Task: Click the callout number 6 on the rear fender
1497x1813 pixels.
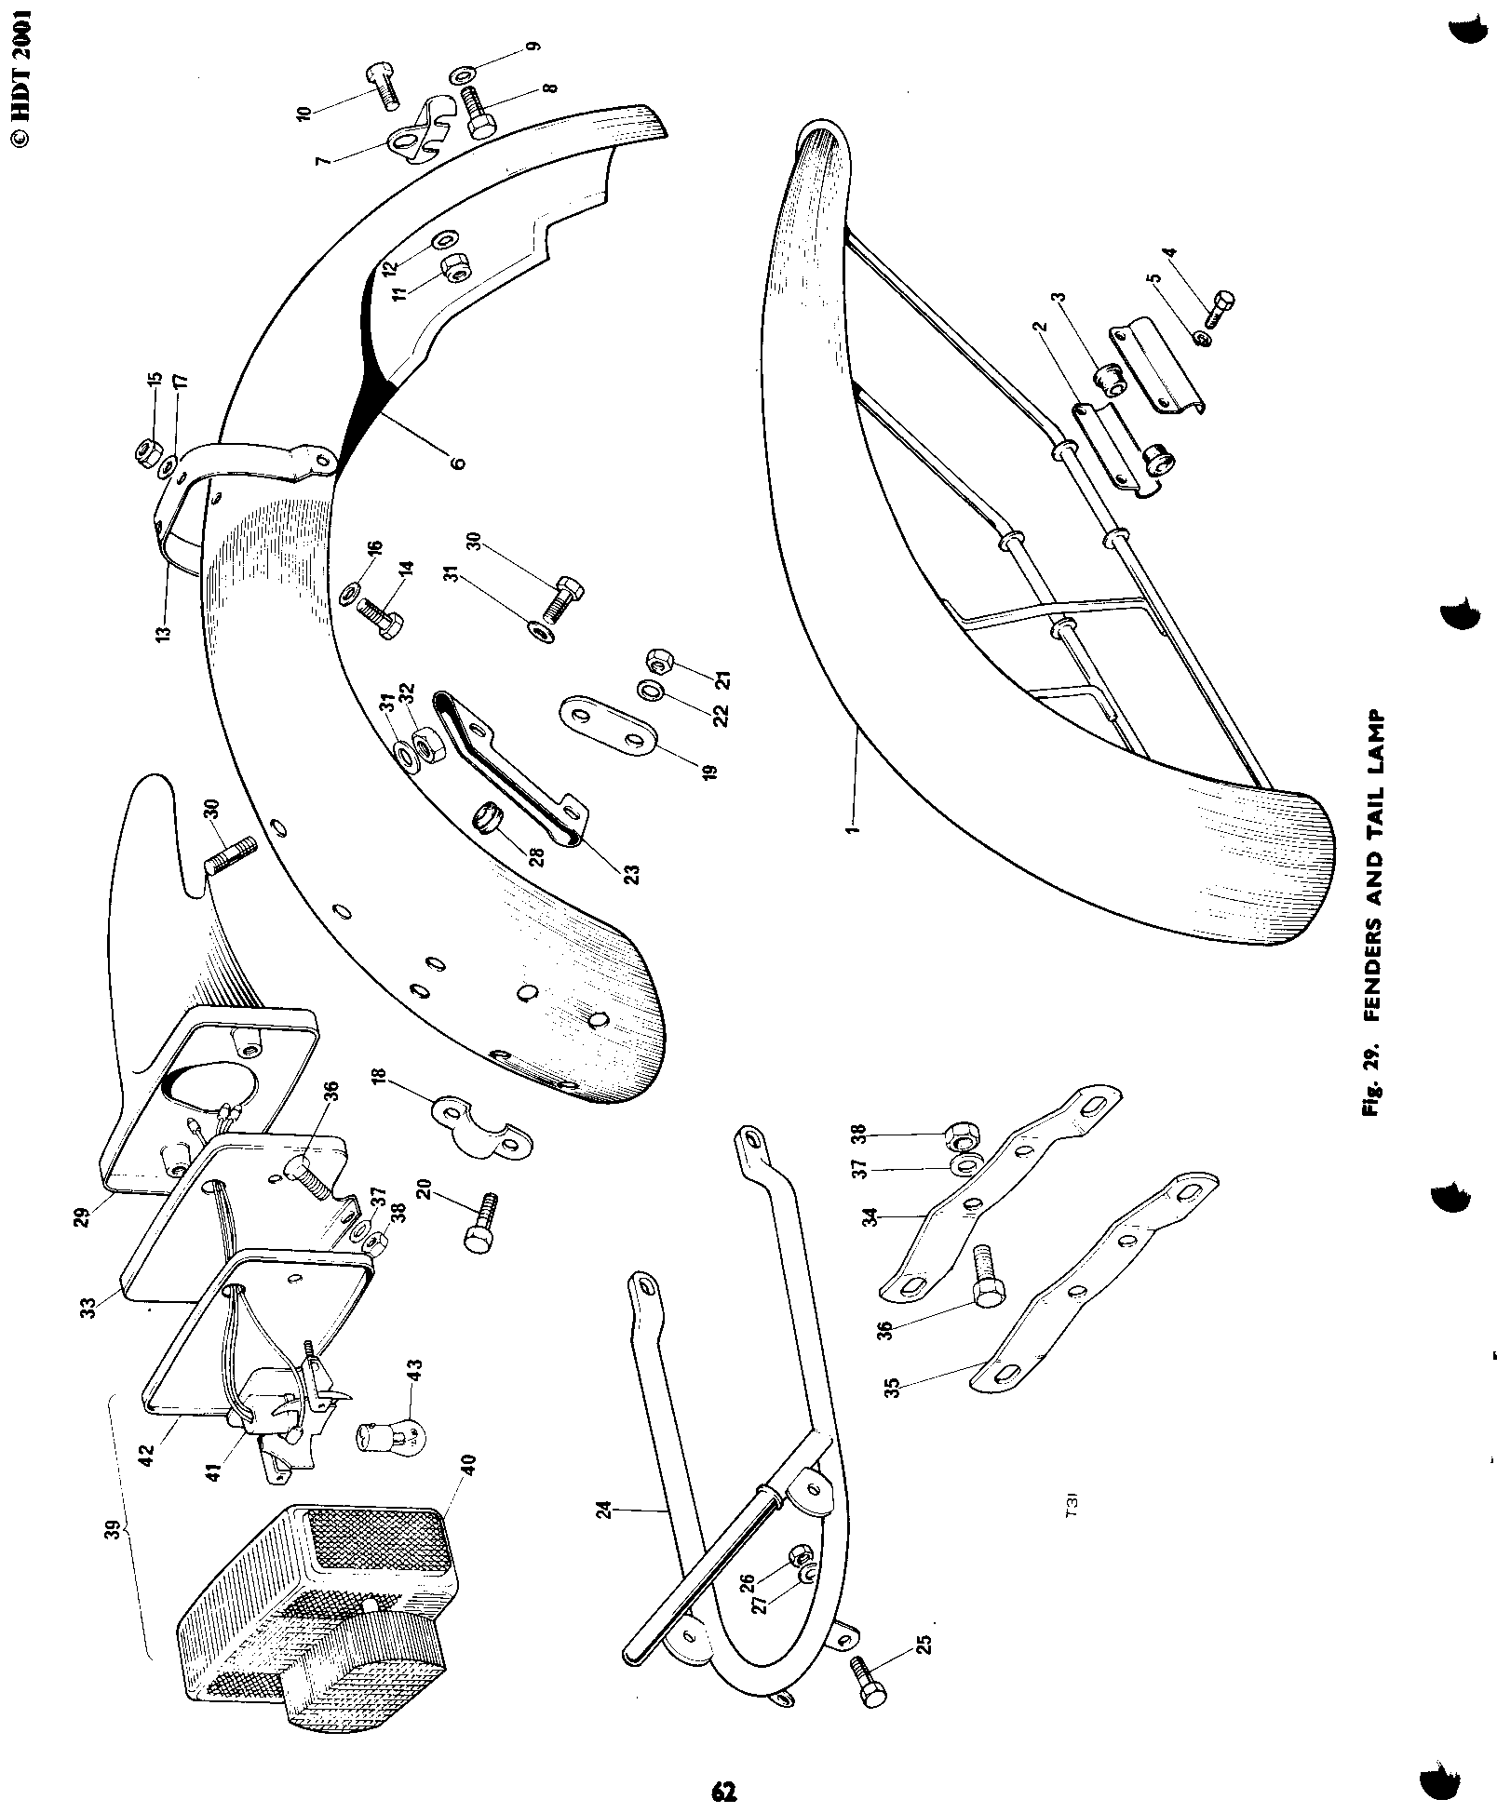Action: tap(457, 462)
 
